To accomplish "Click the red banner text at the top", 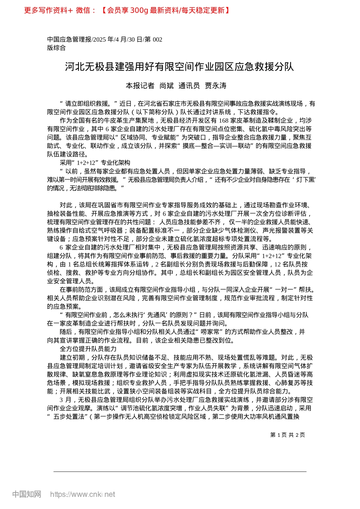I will tap(127, 10).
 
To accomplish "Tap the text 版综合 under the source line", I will tap(56, 48).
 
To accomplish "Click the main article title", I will tap(180, 67).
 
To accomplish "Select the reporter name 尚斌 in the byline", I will tap(166, 86).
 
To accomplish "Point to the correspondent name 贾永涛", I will tap(216, 86).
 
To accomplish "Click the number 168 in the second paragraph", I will tap(224, 120).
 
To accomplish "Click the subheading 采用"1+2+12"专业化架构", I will tap(95, 162).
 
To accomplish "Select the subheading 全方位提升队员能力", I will tap(88, 349).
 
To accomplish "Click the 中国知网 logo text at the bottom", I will tap(27, 494).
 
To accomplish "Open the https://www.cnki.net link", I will tap(83, 494).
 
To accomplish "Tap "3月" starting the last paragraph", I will tap(66, 400).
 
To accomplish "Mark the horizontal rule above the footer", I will tap(180, 472).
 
